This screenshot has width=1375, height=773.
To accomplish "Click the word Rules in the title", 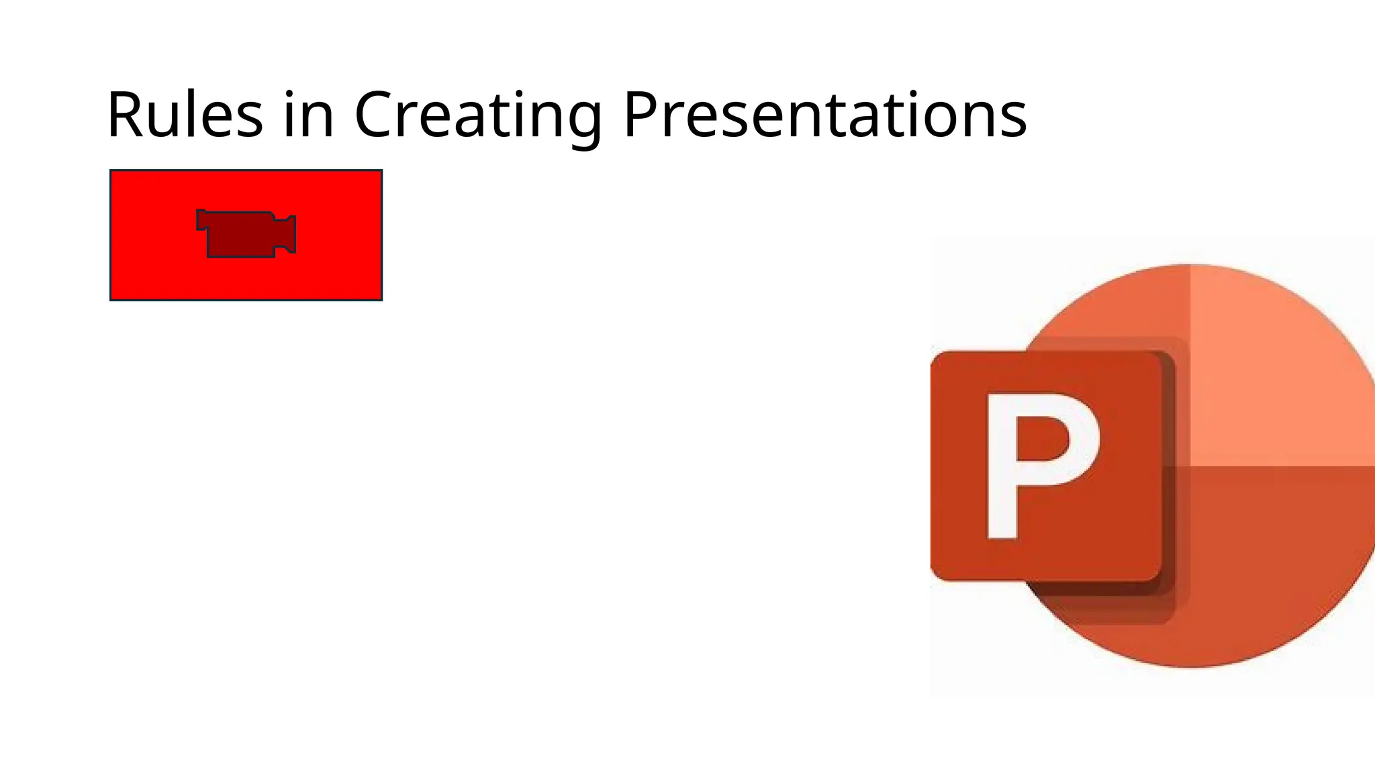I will click(185, 115).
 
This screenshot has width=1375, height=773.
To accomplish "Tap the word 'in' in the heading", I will click(308, 115).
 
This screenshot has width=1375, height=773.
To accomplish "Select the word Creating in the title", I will click(477, 115).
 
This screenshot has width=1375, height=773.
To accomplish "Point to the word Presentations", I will click(824, 115).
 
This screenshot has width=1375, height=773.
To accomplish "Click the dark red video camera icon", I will click(246, 234).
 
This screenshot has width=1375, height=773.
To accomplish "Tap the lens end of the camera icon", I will click(287, 234).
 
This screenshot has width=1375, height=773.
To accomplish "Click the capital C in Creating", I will click(378, 115).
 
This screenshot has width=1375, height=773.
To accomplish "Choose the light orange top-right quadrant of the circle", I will click(1276, 376).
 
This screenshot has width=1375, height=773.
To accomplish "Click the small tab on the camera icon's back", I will click(201, 220).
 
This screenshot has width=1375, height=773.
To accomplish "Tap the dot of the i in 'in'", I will click(289, 94).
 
